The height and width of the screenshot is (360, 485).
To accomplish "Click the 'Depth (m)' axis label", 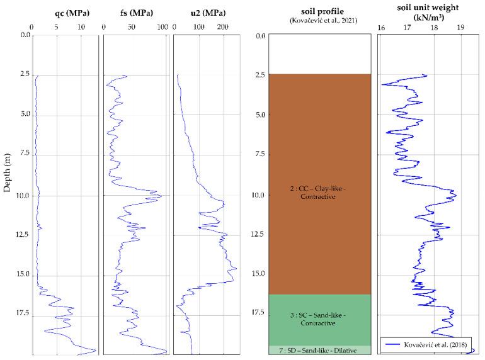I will click(7, 178).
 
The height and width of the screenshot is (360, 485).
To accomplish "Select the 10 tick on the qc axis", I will click(81, 27).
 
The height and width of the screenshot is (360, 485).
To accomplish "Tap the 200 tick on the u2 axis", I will click(222, 27).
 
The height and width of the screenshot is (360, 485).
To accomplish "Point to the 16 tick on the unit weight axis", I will click(381, 28).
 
